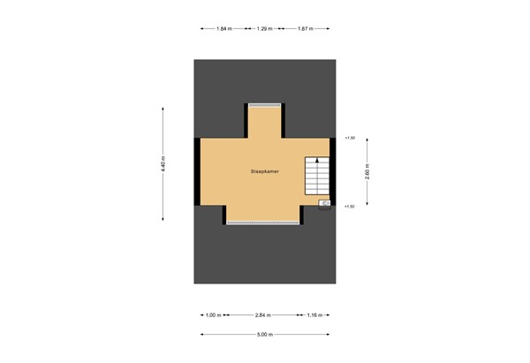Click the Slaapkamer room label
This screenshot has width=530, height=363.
(265, 171)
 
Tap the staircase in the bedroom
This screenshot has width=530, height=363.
(316, 177)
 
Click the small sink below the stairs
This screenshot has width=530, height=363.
(324, 202)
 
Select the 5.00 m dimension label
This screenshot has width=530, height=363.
(265, 335)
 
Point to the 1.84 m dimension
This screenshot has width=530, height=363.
(223, 29)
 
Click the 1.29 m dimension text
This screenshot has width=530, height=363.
(264, 29)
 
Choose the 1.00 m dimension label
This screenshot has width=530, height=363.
(212, 315)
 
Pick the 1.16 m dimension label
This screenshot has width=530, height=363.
(315, 315)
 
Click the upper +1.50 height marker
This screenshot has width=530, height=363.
(349, 138)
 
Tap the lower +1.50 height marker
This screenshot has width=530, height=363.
(349, 206)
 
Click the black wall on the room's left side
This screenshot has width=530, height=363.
(197, 171)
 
